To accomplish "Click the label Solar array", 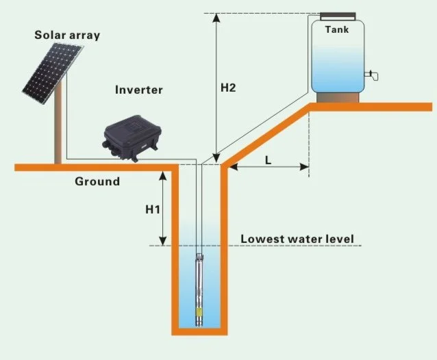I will click(x=66, y=34).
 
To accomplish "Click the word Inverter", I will click(x=139, y=90).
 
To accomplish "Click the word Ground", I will click(x=97, y=181).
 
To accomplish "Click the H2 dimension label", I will click(x=228, y=88).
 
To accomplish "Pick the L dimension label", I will click(x=268, y=159).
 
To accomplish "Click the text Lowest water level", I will click(x=297, y=239).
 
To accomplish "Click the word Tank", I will click(x=336, y=30).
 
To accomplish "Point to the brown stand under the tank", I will click(x=336, y=97).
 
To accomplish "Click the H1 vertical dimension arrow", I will click(x=163, y=208).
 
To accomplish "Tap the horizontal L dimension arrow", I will click(x=268, y=167).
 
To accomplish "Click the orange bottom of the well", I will click(x=199, y=331).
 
